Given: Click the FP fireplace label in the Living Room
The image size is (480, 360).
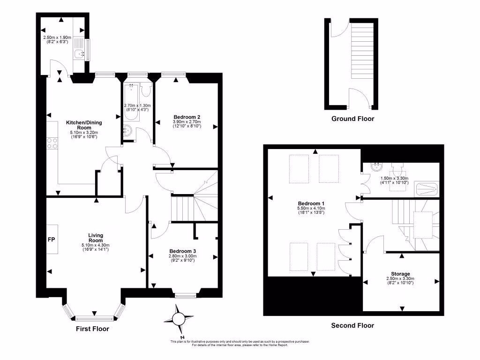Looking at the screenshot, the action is [52, 240].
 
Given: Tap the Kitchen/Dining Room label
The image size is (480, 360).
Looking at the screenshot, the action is [84, 125].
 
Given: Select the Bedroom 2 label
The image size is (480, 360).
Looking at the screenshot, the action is [187, 117].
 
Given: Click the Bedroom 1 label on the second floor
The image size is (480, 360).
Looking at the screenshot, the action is [311, 203].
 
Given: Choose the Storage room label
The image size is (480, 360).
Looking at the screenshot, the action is [400, 274].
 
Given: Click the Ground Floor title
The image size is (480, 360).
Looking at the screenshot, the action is [352, 119].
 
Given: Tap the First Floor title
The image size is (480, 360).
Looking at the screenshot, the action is [92, 329].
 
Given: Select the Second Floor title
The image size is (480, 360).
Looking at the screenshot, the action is [352, 325].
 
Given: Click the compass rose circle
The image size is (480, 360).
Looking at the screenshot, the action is [178, 319].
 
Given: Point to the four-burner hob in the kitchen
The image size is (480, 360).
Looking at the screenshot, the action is [52, 143].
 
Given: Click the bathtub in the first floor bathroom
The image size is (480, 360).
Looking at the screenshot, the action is [132, 102].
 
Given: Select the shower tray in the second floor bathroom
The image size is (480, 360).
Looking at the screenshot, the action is [427, 189].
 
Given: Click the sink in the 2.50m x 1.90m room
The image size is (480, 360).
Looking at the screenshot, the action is [80, 54].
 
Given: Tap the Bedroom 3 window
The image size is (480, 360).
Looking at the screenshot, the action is [186, 296].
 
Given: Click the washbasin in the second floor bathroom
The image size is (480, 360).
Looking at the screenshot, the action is [376, 167].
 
